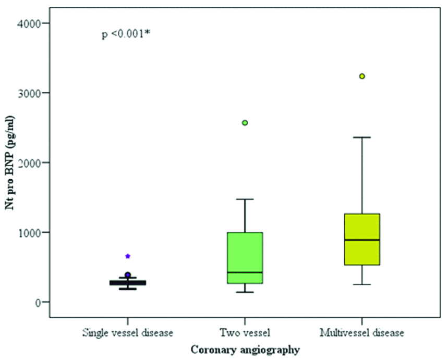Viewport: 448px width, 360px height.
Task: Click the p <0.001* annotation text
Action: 126,34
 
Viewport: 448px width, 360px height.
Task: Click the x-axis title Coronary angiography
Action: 245,349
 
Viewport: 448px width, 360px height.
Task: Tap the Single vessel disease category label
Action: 127,332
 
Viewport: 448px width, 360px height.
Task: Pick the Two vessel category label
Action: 245,332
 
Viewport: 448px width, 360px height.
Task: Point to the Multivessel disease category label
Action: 361,332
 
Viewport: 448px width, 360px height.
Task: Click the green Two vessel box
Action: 245,250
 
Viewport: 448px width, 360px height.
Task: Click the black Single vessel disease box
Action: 128,282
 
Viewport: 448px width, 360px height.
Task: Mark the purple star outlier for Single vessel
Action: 128,256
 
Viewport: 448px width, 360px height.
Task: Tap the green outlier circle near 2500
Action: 245,123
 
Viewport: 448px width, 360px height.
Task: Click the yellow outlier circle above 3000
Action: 361,76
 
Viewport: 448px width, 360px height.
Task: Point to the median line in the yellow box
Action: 361,240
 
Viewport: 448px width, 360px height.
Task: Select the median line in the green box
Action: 245,272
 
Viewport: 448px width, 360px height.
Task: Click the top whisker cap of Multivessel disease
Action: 361,137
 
